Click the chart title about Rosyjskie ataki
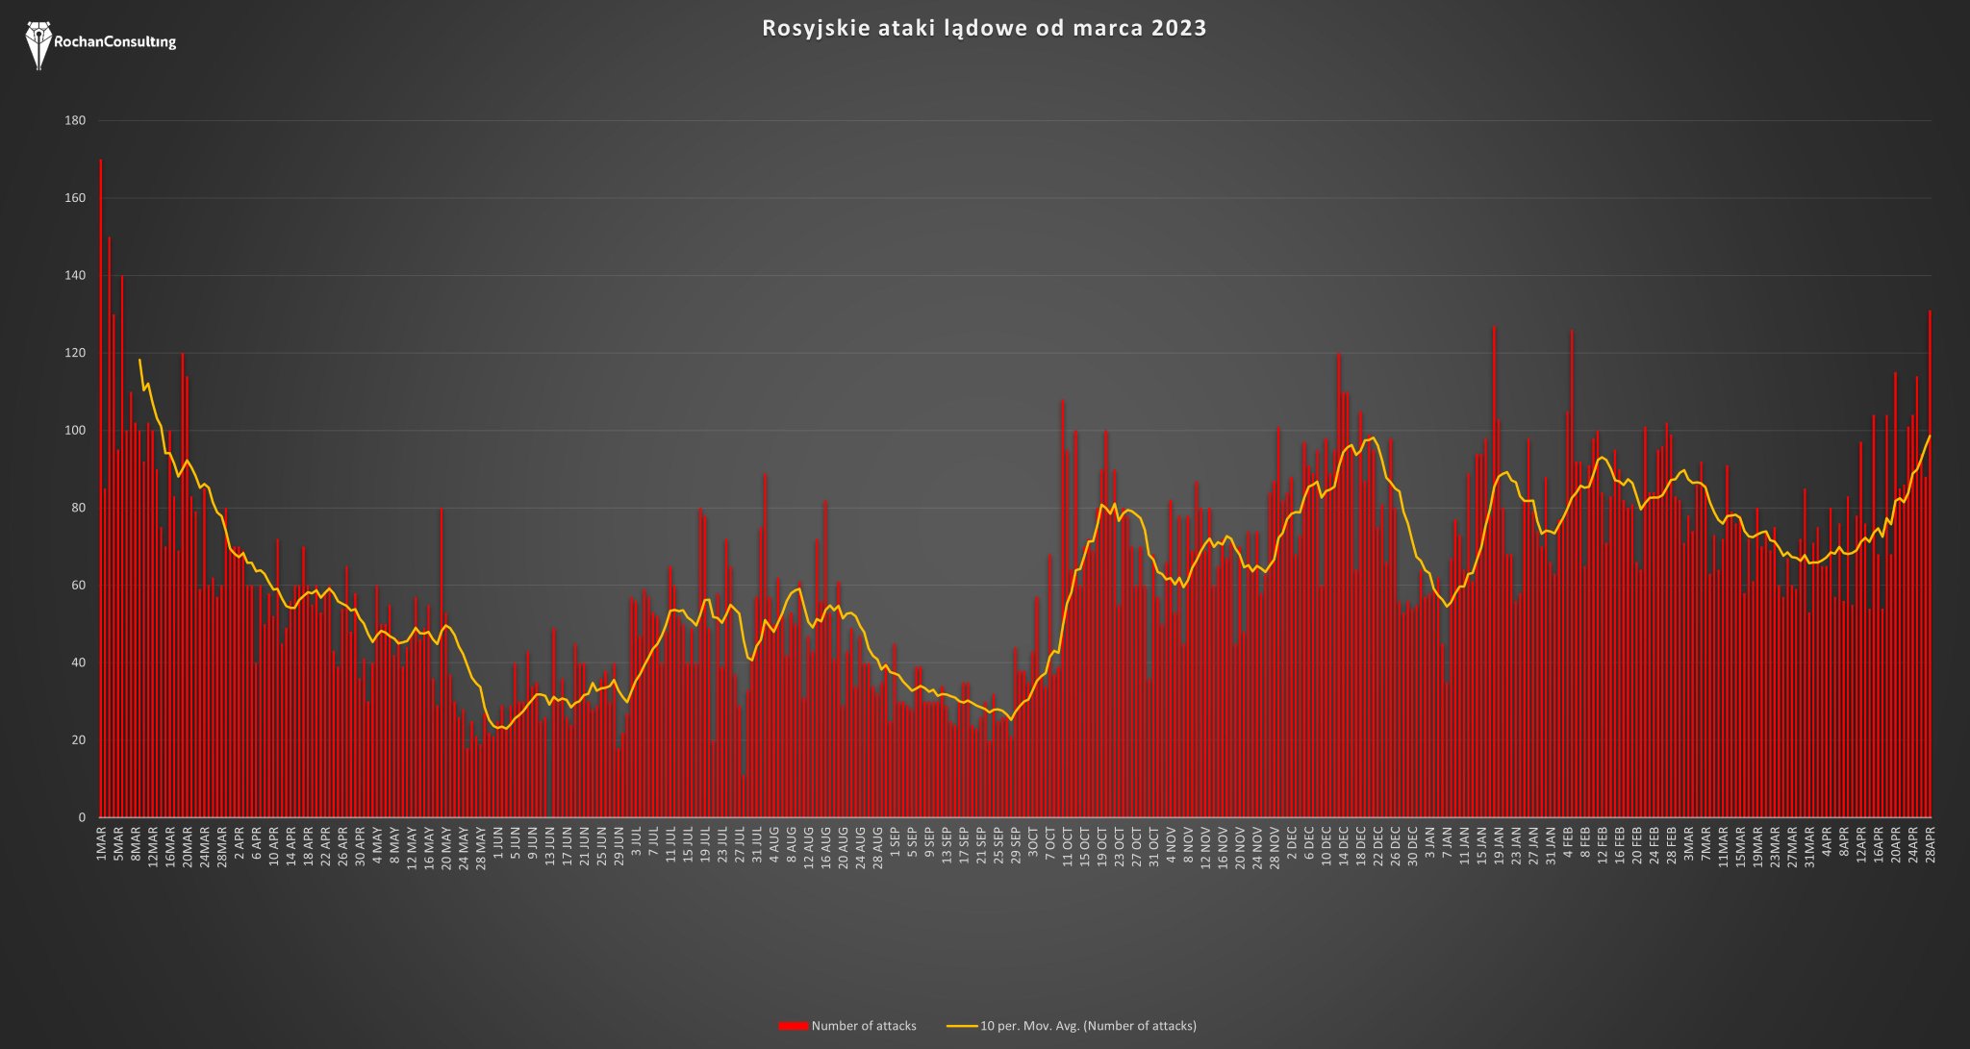(984, 28)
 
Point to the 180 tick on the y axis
(75, 120)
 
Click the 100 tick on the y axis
(75, 431)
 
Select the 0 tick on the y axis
(82, 817)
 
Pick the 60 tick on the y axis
(78, 586)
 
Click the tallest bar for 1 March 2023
(101, 488)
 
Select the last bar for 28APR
(1930, 563)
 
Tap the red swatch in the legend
(793, 1026)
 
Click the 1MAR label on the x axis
(101, 842)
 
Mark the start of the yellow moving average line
(139, 360)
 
